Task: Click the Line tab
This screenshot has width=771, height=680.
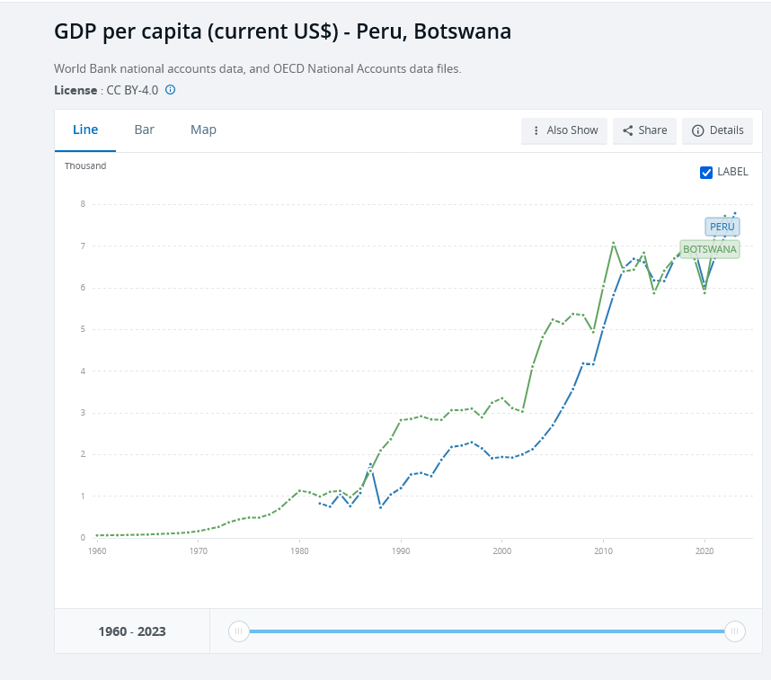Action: coord(85,130)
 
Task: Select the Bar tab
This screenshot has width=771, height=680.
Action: coord(145,130)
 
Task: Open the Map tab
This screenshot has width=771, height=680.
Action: coord(203,130)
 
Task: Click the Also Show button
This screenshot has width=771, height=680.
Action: coord(564,130)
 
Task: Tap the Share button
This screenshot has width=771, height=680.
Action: coord(644,130)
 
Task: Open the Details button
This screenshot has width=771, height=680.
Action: coord(717,130)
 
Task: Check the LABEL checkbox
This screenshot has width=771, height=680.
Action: coord(706,172)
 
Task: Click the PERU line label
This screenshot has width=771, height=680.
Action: coord(722,227)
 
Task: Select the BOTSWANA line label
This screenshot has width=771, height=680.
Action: coord(709,249)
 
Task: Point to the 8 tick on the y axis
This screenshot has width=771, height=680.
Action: coord(83,204)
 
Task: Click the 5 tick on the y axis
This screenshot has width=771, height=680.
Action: coord(83,329)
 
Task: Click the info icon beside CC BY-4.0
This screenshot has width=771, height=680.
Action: coord(170,90)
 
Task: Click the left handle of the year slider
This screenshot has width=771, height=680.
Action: coord(238,631)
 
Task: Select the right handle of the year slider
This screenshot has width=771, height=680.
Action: coord(735,631)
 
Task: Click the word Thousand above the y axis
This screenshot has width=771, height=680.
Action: coord(85,166)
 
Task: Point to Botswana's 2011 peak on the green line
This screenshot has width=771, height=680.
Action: coord(613,243)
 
